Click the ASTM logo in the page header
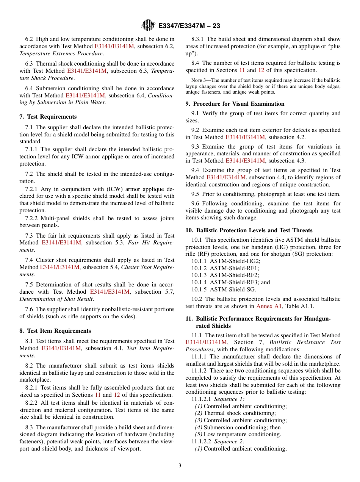[148, 25]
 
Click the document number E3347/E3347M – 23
[189, 26]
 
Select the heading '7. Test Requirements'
[48, 117]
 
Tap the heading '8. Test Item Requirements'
[55, 331]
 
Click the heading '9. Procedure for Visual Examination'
[235, 104]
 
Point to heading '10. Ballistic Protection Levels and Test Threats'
[249, 230]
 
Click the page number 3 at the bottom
[180, 466]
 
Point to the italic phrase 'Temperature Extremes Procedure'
[61, 53]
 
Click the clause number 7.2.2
[32, 218]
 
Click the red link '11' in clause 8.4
[242, 70]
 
